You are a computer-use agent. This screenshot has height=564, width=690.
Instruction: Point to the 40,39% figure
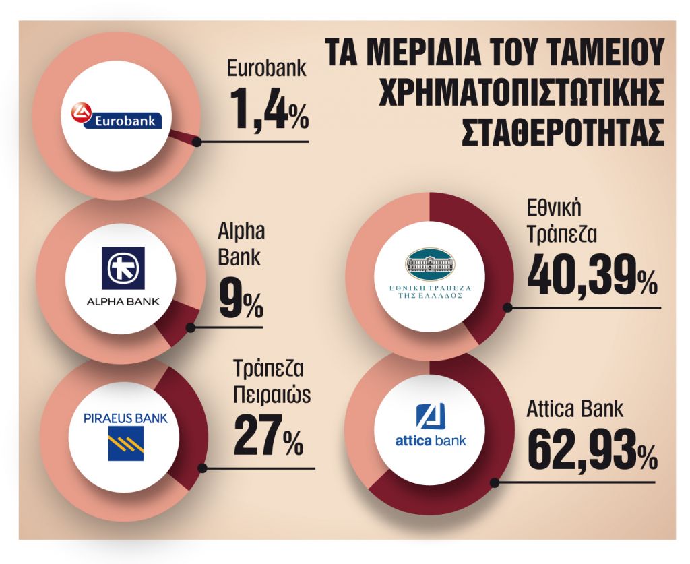click(592, 278)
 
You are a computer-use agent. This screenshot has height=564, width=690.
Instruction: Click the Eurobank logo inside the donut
click(119, 117)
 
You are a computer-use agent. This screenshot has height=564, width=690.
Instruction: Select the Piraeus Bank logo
click(125, 435)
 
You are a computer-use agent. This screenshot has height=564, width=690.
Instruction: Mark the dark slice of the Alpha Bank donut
click(176, 322)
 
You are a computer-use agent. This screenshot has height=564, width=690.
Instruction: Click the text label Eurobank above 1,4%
click(267, 69)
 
